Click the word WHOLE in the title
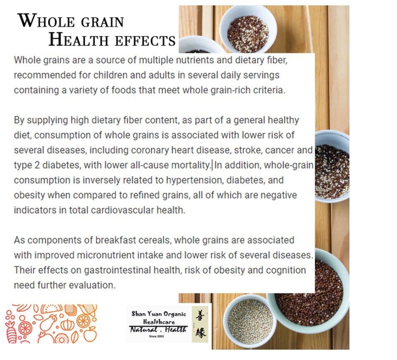pos(46,21)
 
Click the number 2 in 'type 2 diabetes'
pos(37,166)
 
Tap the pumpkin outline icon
pos(67,324)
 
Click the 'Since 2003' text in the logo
pos(156,336)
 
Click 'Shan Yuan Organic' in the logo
pos(159,314)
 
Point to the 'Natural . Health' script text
pos(158,330)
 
